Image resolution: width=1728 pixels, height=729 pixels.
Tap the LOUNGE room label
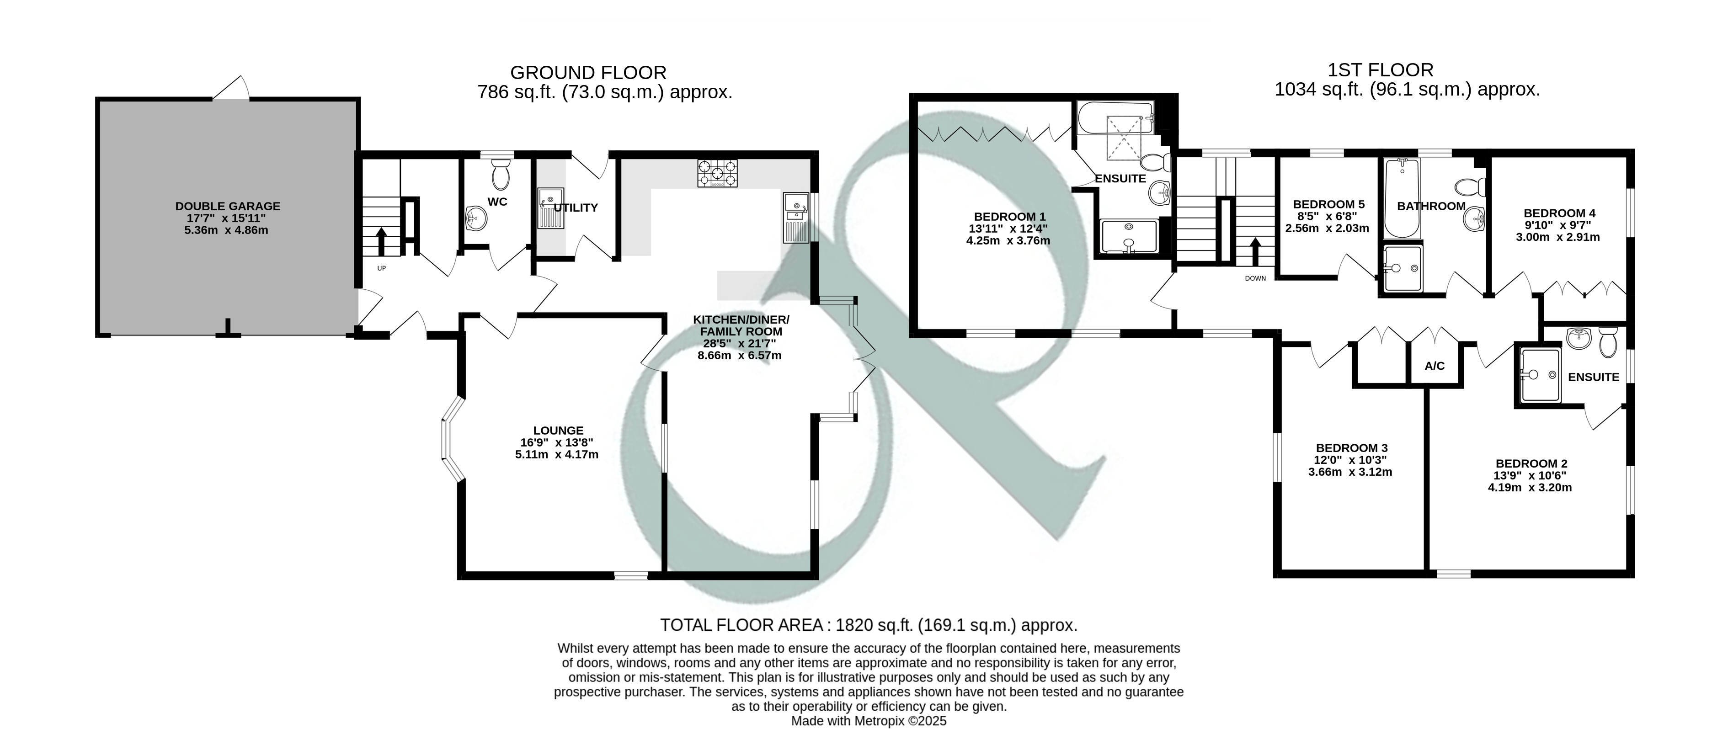558,431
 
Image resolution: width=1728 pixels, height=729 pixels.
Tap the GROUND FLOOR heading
588,72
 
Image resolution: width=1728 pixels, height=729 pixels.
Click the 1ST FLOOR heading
1381,70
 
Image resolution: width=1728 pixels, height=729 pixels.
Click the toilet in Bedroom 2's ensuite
1607,341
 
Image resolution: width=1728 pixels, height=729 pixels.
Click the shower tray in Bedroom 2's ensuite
1540,376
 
